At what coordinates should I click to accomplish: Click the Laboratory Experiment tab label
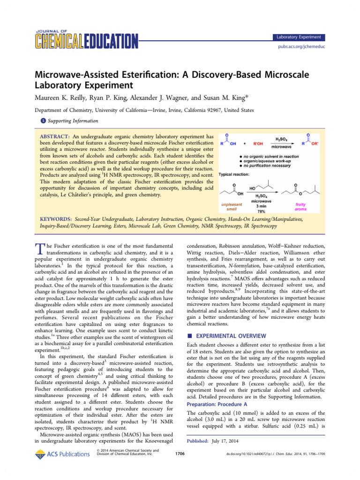click(x=299, y=37)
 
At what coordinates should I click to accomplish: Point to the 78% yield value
click(x=266, y=211)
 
